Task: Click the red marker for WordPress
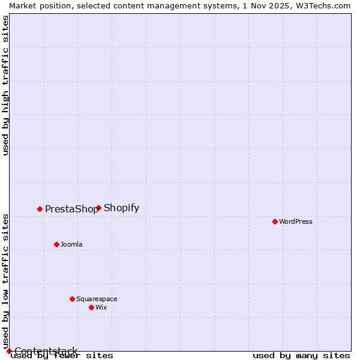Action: (275, 221)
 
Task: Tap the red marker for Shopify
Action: (98, 208)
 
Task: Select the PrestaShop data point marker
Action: (40, 209)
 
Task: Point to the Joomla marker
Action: (56, 244)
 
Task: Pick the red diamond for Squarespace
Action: (72, 299)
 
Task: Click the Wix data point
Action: (91, 307)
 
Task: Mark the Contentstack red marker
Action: (9, 351)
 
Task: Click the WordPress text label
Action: (296, 221)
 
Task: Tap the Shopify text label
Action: (121, 208)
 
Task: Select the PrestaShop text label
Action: (71, 209)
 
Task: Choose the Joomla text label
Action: (71, 244)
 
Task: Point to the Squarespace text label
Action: (97, 299)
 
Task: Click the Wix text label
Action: (101, 307)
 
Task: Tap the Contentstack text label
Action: (46, 351)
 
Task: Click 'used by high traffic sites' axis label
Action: (5, 85)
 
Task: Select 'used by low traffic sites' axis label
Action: (5, 281)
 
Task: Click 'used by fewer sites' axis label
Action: (62, 356)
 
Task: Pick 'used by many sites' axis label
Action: (301, 356)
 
